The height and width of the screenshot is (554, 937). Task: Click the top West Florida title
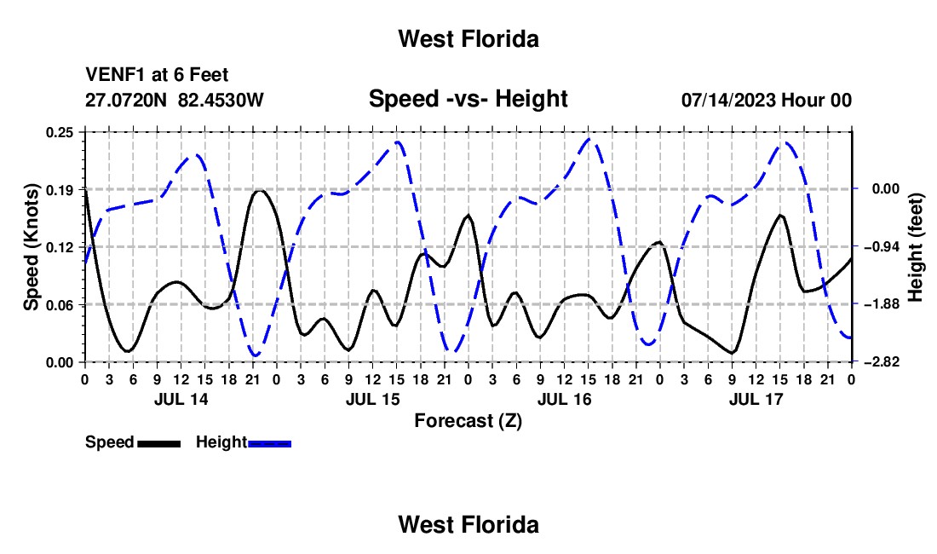pos(468,39)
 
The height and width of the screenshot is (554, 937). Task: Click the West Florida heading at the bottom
pos(468,525)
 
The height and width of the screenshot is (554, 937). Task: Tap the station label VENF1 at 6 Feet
pos(157,75)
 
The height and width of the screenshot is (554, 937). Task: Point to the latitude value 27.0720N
pos(125,100)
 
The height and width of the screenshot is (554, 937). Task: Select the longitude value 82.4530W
pos(221,100)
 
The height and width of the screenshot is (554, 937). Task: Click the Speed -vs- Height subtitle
pos(468,99)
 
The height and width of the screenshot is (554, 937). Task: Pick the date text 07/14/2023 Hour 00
pos(766,100)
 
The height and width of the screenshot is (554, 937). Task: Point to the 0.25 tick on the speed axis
pos(60,132)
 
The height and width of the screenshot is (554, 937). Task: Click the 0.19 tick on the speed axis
pos(60,190)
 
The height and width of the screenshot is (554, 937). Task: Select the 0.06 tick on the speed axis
pos(60,305)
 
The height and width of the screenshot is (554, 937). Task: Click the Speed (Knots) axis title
pos(31,247)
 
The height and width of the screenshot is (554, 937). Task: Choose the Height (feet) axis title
pos(916,247)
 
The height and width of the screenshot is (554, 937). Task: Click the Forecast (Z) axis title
pos(468,421)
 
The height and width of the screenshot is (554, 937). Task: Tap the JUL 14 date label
pos(181,399)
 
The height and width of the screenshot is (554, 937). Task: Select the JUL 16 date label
pos(564,399)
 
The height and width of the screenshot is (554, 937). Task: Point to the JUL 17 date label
pos(756,399)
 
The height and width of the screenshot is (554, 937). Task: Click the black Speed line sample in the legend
pos(159,444)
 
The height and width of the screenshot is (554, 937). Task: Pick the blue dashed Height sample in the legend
pos(269,444)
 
